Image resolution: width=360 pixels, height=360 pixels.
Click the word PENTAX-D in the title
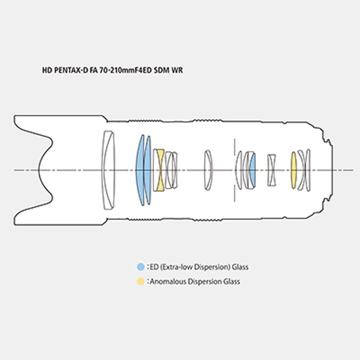pyautogui.click(x=71, y=70)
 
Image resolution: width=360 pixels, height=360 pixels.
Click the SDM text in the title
pyautogui.click(x=162, y=70)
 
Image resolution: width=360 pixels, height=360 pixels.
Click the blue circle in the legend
pyautogui.click(x=141, y=267)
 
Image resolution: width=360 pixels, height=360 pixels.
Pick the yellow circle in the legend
pyautogui.click(x=141, y=281)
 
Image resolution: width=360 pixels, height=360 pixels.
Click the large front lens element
pyautogui.click(x=108, y=170)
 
